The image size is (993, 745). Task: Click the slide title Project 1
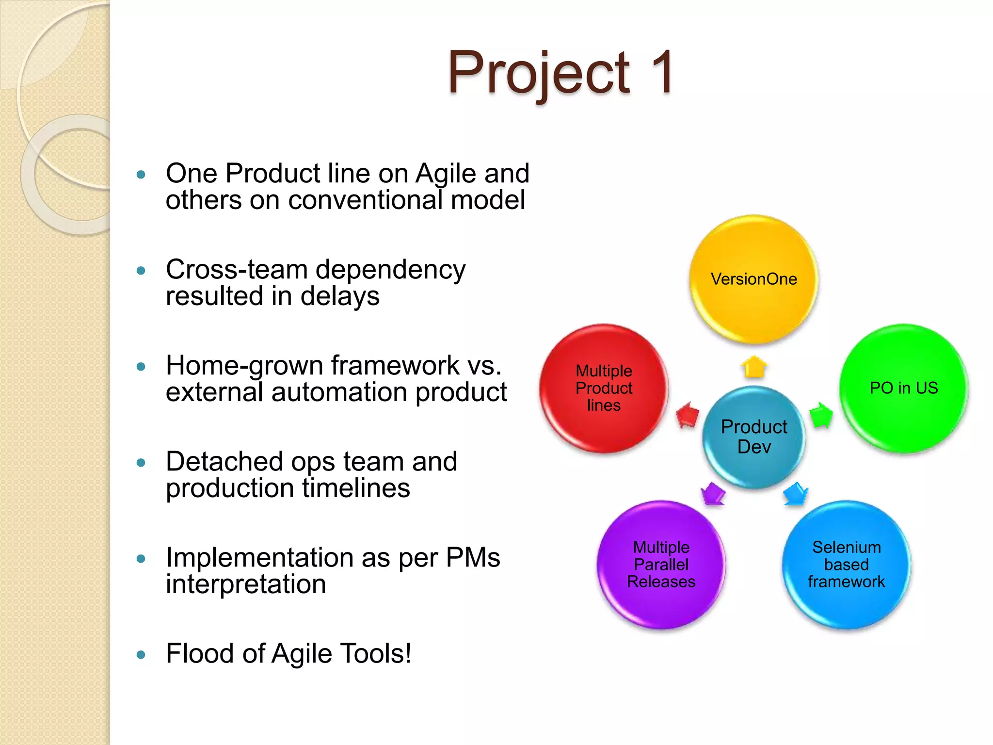click(560, 73)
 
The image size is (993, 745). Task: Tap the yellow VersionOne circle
click(754, 279)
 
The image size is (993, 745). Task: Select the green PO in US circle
click(903, 388)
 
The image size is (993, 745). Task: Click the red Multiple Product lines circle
click(604, 388)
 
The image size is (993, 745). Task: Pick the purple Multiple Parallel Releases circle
click(661, 565)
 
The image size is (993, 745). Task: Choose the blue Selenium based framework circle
click(846, 565)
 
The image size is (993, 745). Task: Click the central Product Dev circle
click(754, 437)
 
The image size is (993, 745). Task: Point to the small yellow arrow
click(754, 367)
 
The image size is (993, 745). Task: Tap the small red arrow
click(688, 415)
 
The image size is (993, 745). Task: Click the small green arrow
click(820, 415)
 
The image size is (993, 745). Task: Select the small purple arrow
click(713, 494)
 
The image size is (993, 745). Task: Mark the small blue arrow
click(795, 494)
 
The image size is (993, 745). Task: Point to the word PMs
click(472, 557)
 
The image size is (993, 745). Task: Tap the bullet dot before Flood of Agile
click(141, 655)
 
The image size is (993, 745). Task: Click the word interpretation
click(246, 584)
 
